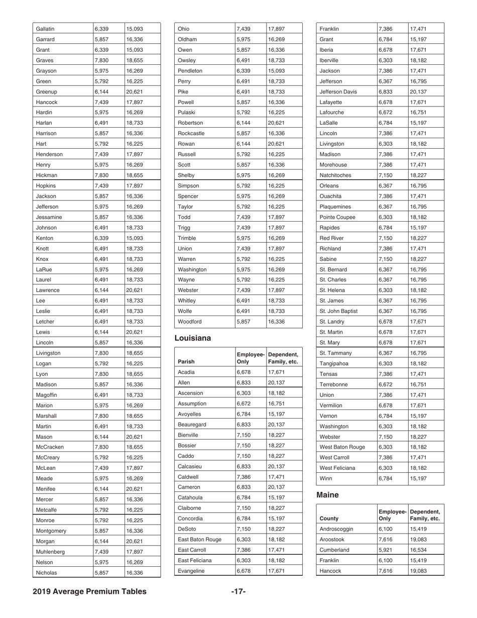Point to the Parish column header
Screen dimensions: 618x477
click(187, 361)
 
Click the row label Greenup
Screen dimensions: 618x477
click(47, 91)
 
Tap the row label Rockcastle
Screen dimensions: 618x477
click(191, 133)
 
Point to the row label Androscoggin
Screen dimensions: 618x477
click(336, 529)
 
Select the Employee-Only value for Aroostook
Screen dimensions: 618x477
click(386, 539)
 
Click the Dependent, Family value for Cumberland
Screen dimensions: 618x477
click(420, 550)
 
